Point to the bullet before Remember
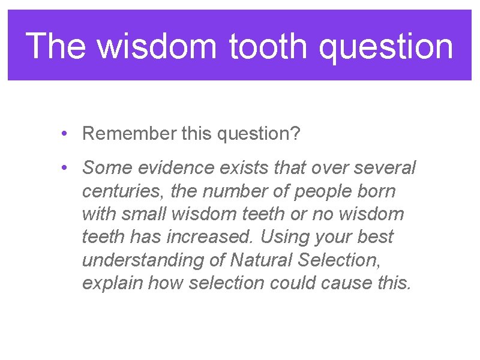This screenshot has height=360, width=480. [x=64, y=134]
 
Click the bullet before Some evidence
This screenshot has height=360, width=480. [x=64, y=168]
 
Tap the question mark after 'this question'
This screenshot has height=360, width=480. [x=294, y=134]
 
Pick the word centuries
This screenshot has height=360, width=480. [x=124, y=191]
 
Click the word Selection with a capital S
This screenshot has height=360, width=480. [x=339, y=260]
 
